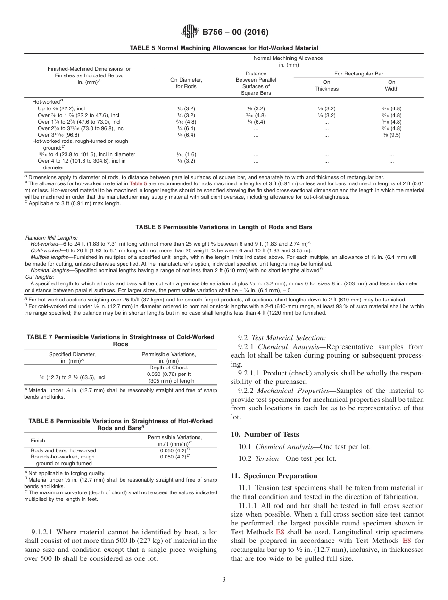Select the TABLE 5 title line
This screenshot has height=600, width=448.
[x=224, y=48]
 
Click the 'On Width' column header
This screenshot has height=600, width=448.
[x=391, y=85]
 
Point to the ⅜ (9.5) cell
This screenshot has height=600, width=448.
[x=391, y=135]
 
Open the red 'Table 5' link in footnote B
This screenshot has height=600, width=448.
[x=138, y=183]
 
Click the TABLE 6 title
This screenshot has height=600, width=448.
[x=224, y=227]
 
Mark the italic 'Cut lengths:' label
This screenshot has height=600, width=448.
[x=40, y=277]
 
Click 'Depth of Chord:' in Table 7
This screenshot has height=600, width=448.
[x=169, y=367]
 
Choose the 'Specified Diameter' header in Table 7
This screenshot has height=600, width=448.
[x=72, y=354]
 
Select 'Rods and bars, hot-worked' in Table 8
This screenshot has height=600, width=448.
[x=63, y=450]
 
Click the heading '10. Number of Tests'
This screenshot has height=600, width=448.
[x=265, y=434]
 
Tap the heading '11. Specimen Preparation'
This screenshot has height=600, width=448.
[x=274, y=476]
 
